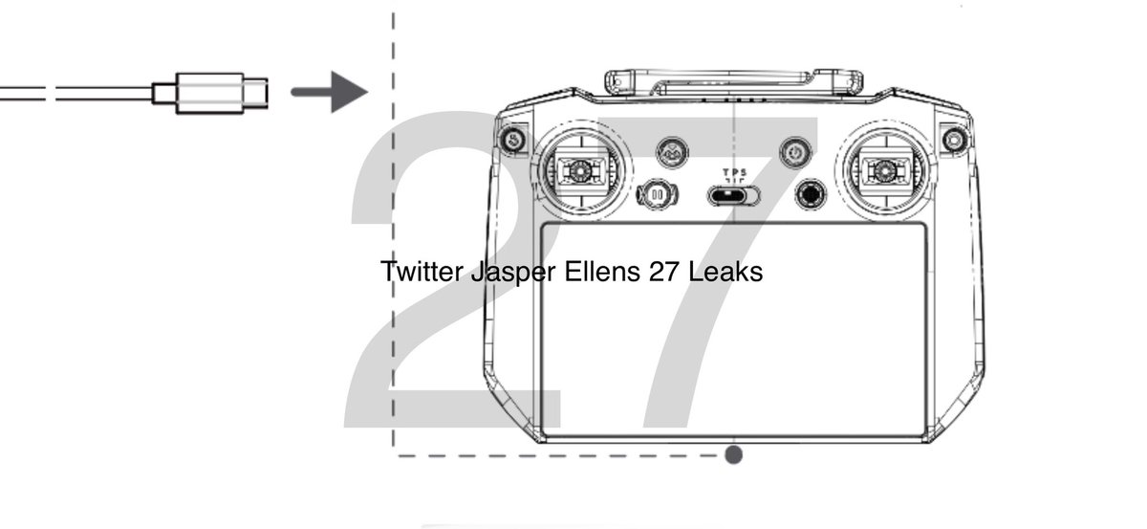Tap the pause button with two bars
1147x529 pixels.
pyautogui.click(x=657, y=194)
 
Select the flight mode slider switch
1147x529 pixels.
pyautogui.click(x=733, y=195)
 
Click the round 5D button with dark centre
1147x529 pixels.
pyautogui.click(x=812, y=194)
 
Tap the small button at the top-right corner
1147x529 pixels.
pyautogui.click(x=952, y=140)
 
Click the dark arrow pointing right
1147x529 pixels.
pyautogui.click(x=329, y=92)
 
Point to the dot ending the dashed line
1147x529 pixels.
pyautogui.click(x=733, y=454)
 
